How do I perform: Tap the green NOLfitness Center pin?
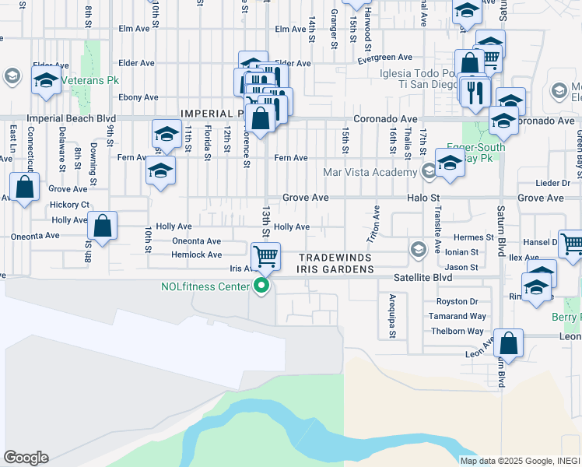[261, 286]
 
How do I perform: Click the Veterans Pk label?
[82, 79]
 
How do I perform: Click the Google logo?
[25, 458]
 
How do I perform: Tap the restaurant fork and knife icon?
[475, 92]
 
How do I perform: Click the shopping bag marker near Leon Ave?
[508, 342]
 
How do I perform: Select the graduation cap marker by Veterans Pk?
[47, 80]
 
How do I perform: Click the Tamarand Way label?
[458, 316]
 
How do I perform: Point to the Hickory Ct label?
[69, 205]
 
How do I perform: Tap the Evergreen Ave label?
[384, 58]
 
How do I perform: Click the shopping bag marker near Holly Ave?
[102, 226]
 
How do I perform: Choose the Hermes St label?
[474, 237]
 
